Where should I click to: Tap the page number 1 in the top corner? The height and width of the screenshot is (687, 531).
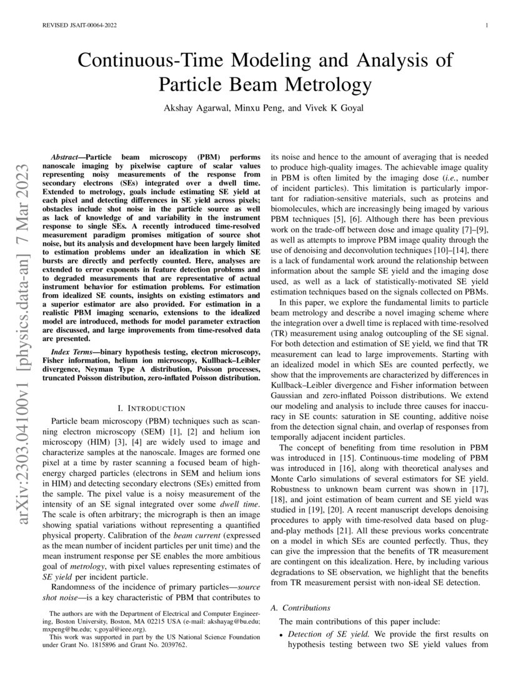pos(485,26)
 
